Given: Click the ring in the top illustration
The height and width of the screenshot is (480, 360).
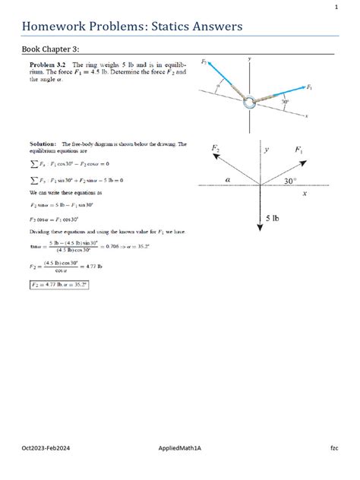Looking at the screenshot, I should click(250, 101).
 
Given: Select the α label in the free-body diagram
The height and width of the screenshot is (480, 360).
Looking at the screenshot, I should click(227, 179).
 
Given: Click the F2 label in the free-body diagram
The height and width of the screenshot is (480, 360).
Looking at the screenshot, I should click(216, 148).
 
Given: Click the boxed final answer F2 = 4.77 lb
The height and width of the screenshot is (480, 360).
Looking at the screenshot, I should click(60, 285).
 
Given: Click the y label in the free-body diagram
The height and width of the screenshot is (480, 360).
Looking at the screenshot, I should click(267, 150).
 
